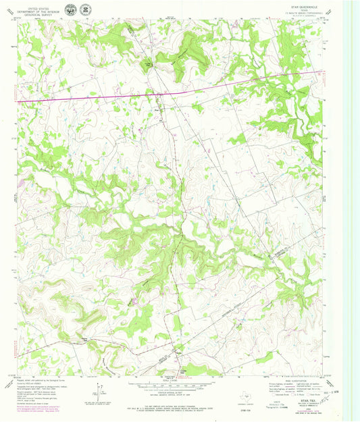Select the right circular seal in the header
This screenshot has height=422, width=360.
coord(84,9)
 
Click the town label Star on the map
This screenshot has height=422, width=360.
coord(157,105)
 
